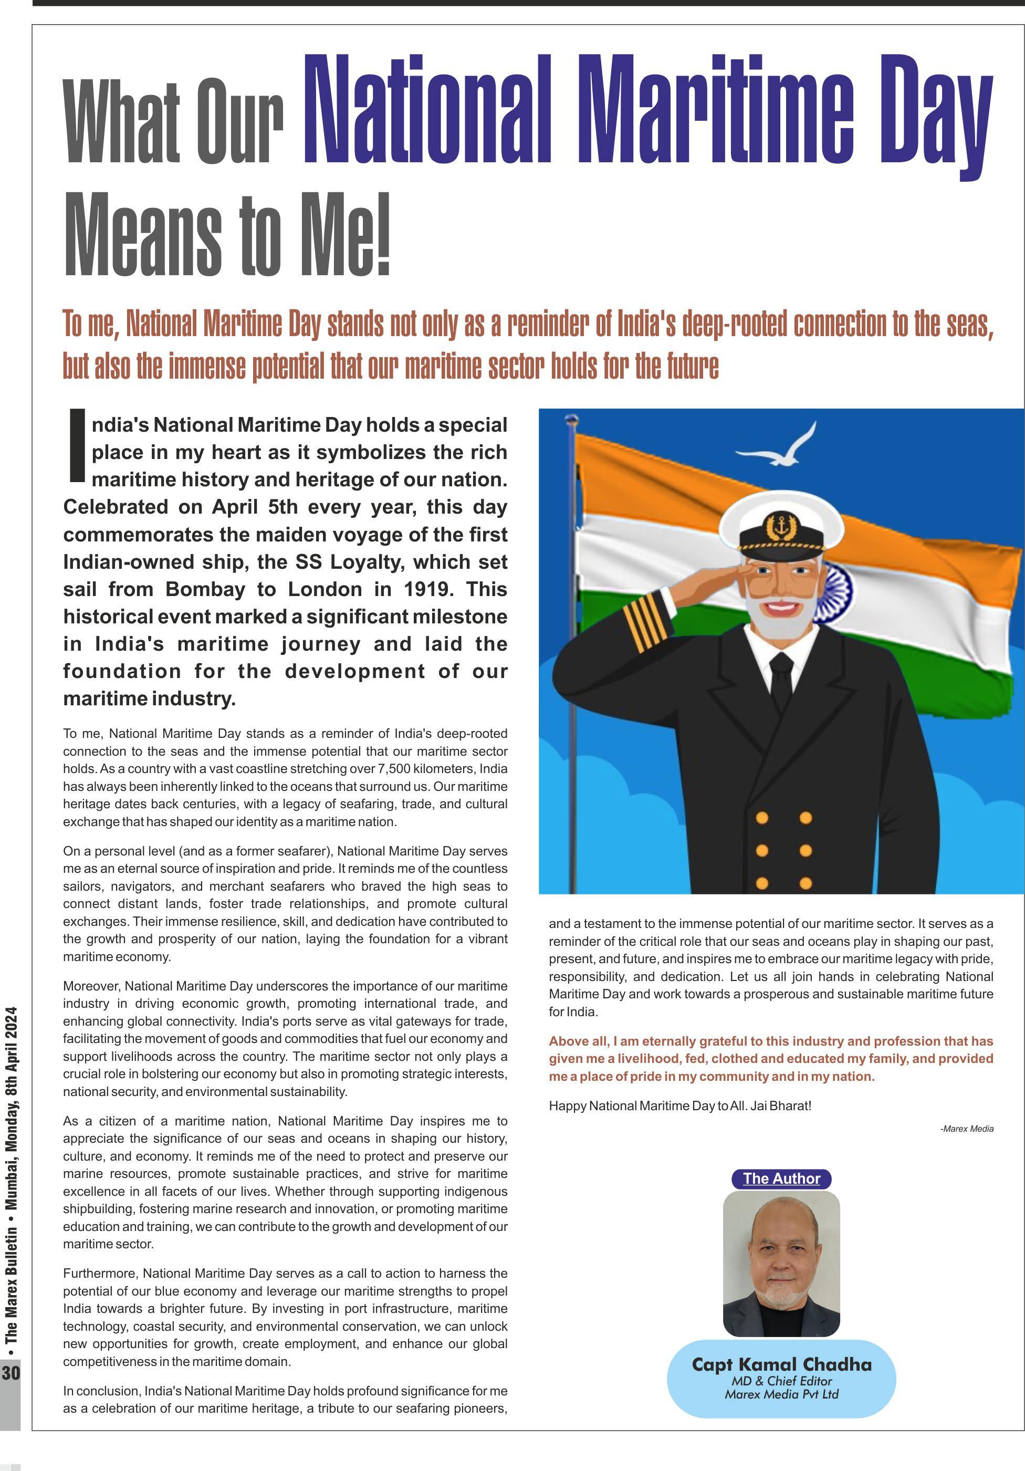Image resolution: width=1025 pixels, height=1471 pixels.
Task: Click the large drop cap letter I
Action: [x=76, y=446]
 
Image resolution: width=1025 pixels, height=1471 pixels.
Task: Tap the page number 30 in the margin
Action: [x=11, y=1373]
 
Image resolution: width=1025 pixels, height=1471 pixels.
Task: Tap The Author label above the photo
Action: [x=781, y=1178]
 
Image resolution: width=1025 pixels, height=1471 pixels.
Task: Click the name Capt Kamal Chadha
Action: [x=781, y=1364]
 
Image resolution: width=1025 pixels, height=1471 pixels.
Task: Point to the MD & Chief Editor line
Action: [x=781, y=1381]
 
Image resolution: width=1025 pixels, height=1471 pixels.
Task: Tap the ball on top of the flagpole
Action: [x=571, y=419]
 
